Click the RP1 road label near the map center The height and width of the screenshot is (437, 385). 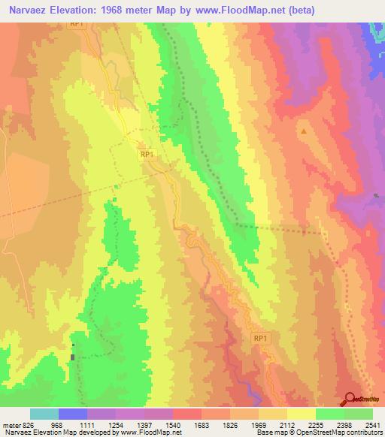pyautogui.click(x=147, y=154)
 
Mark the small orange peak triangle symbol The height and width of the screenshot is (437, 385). pyautogui.click(x=304, y=131)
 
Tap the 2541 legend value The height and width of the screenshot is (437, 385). pyautogui.click(x=372, y=423)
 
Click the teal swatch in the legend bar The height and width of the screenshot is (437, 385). pyautogui.click(x=44, y=414)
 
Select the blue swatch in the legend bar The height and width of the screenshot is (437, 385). pyautogui.click(x=72, y=414)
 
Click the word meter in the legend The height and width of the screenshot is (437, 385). pyautogui.click(x=10, y=423)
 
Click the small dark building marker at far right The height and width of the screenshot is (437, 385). pyautogui.click(x=376, y=196)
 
